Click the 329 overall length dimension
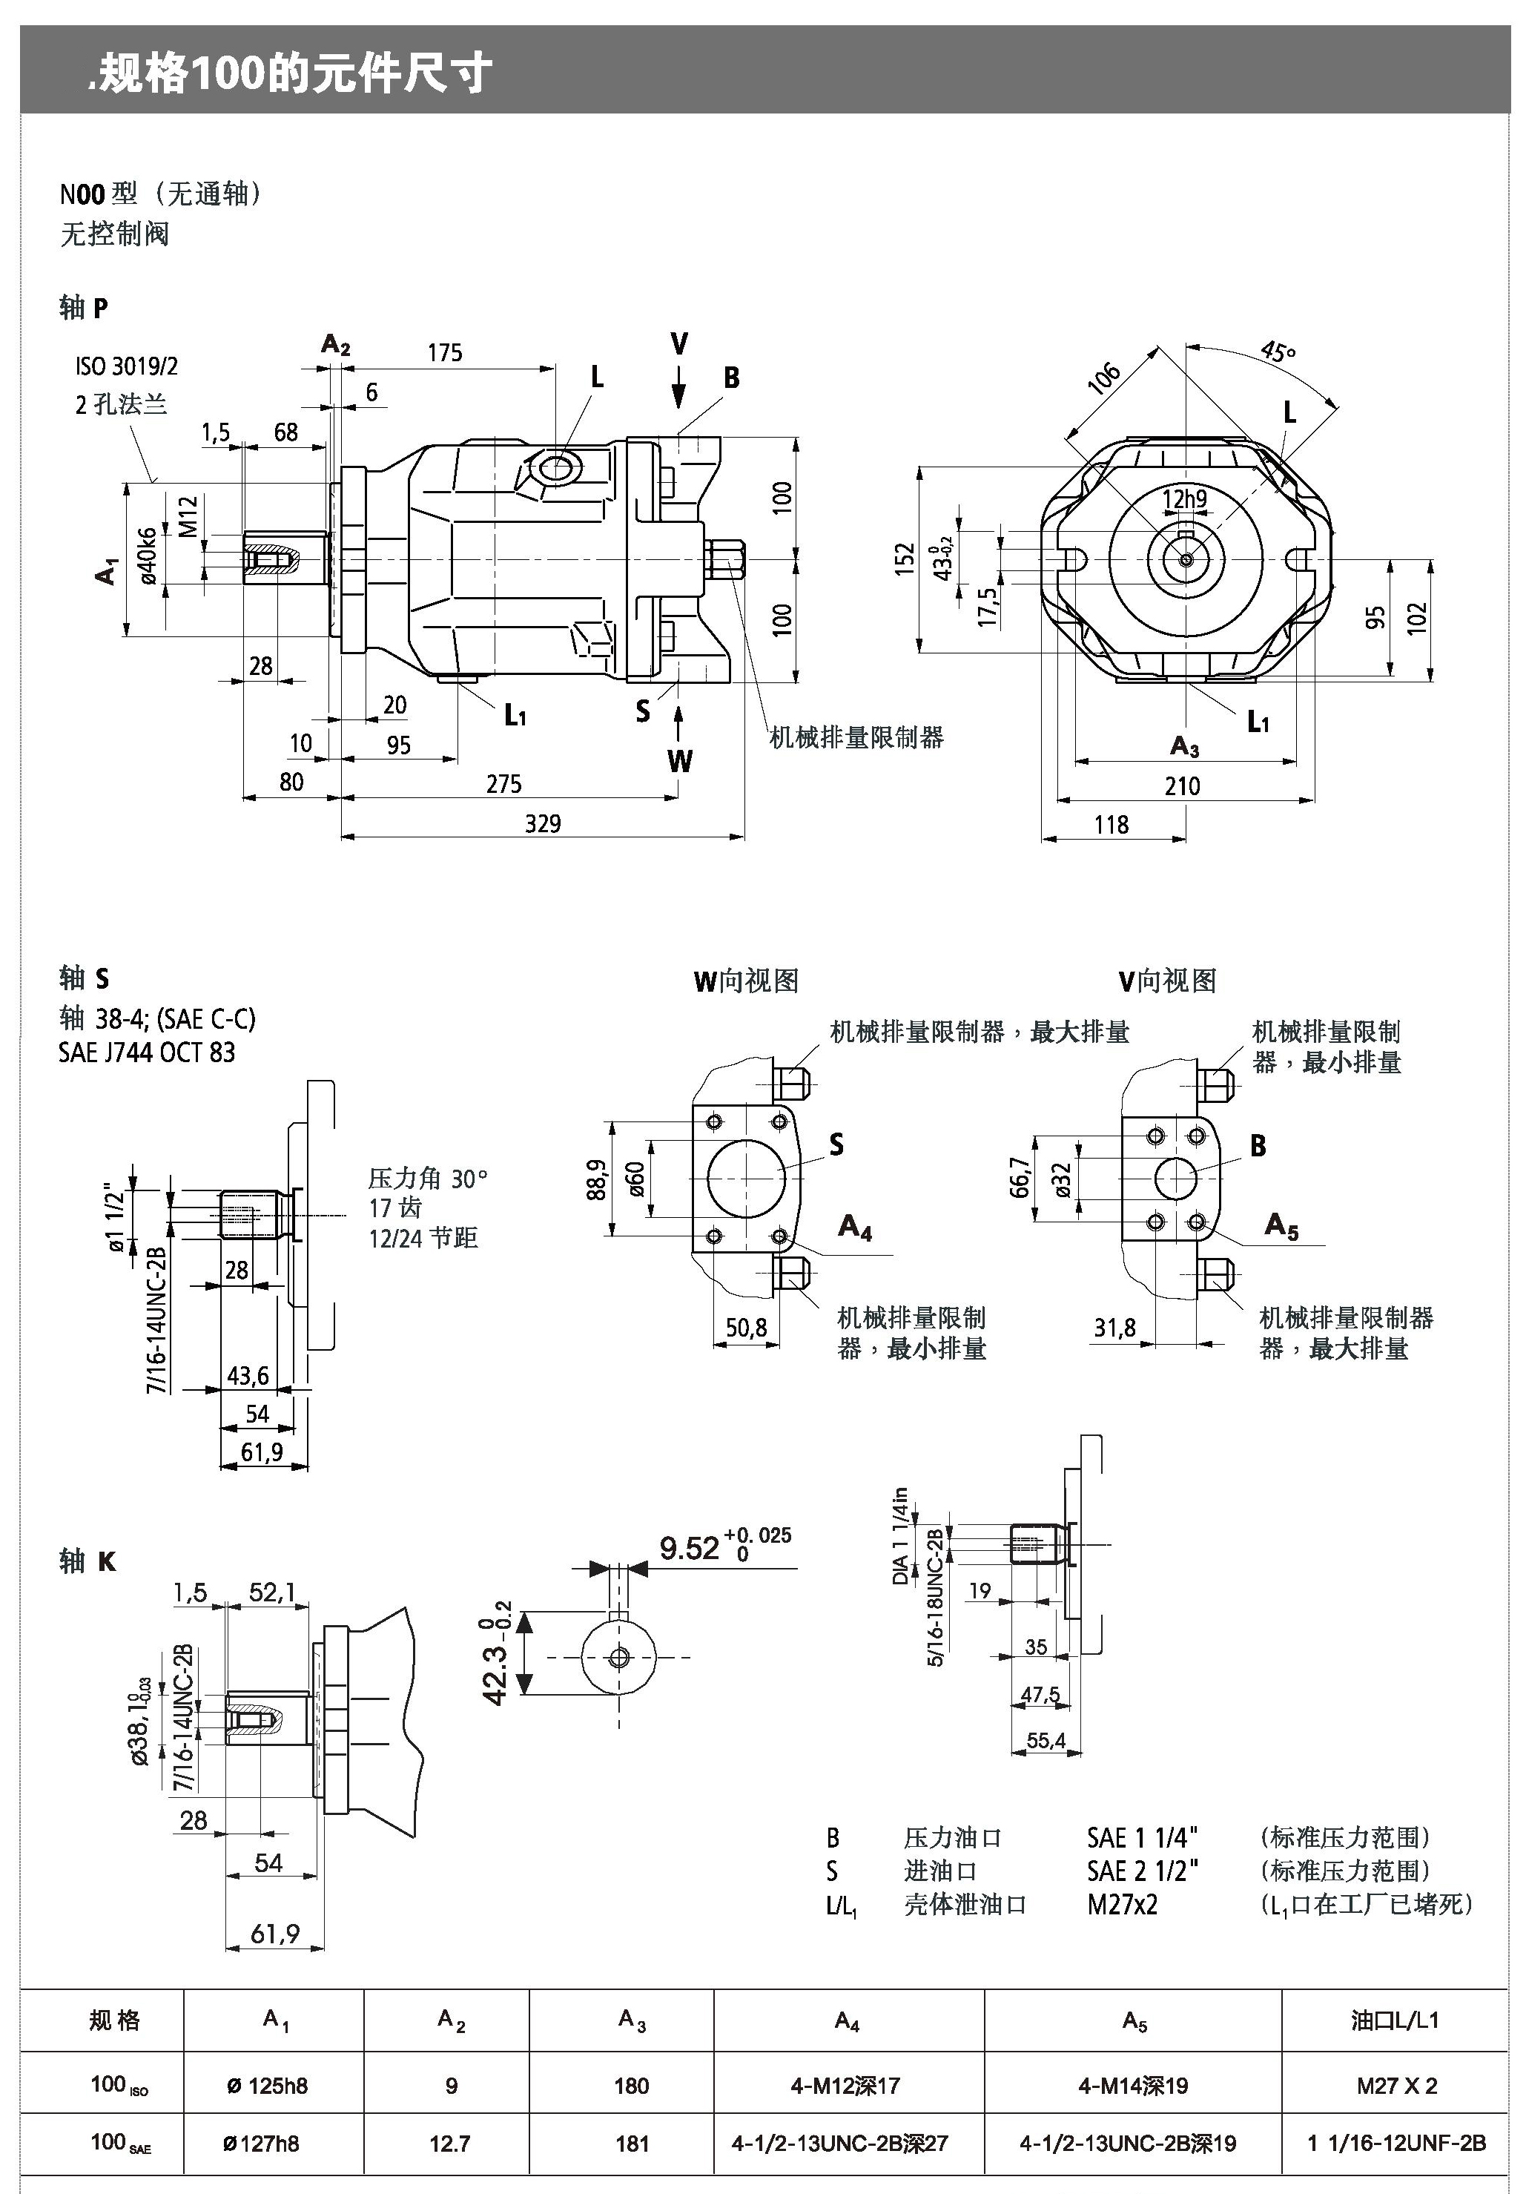pos(542,824)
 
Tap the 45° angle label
pos(1278,352)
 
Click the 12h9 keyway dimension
pos(1184,499)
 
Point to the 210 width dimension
pos(1182,785)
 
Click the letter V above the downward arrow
pos(678,344)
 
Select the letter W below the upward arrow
pos(679,761)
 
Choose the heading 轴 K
pos(88,1561)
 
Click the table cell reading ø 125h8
pos(268,2085)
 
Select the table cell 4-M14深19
pos(1133,2085)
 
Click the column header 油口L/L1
pos(1395,2020)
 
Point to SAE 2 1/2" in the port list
pos(1142,1870)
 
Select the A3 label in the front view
pos(1184,746)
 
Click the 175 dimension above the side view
pos(444,352)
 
